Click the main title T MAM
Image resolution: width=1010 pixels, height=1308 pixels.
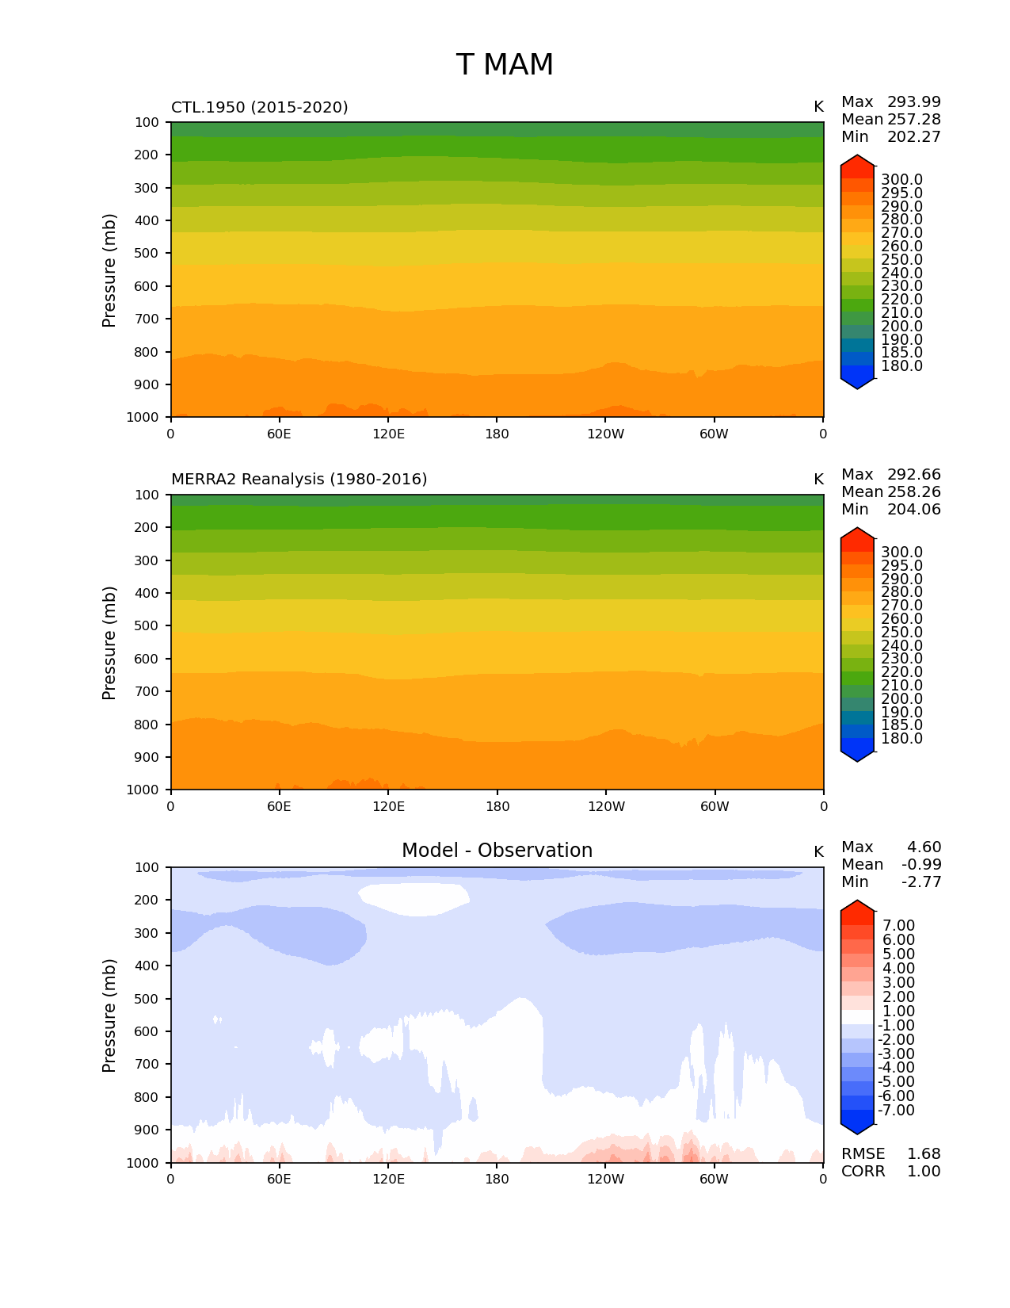[x=505, y=65]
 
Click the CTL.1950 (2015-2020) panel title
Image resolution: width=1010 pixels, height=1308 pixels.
[x=259, y=107]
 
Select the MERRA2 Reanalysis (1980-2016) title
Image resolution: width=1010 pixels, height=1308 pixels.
[x=299, y=480]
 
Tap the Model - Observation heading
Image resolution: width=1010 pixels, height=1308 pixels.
[x=497, y=851]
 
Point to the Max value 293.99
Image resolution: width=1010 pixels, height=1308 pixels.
[x=913, y=102]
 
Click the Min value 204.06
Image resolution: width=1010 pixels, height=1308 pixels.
[x=913, y=510]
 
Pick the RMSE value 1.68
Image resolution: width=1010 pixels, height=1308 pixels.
[x=924, y=1154]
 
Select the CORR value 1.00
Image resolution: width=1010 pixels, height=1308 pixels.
[x=924, y=1172]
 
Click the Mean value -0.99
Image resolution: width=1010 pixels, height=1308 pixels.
[x=921, y=865]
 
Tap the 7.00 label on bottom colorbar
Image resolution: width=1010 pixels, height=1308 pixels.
[x=898, y=926]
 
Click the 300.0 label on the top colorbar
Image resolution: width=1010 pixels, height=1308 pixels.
[x=901, y=180]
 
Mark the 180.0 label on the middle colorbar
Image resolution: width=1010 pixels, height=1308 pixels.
[x=901, y=739]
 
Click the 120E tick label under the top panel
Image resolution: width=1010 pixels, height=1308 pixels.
[x=388, y=434]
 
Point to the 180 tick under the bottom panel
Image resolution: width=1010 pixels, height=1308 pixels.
[x=497, y=1180]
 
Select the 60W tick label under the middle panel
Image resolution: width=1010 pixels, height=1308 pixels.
[x=715, y=807]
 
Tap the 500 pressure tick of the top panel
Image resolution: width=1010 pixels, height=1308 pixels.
[x=147, y=254]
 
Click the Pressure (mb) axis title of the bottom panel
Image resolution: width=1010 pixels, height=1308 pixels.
[x=109, y=1015]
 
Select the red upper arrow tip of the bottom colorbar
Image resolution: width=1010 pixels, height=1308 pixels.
[x=857, y=906]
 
